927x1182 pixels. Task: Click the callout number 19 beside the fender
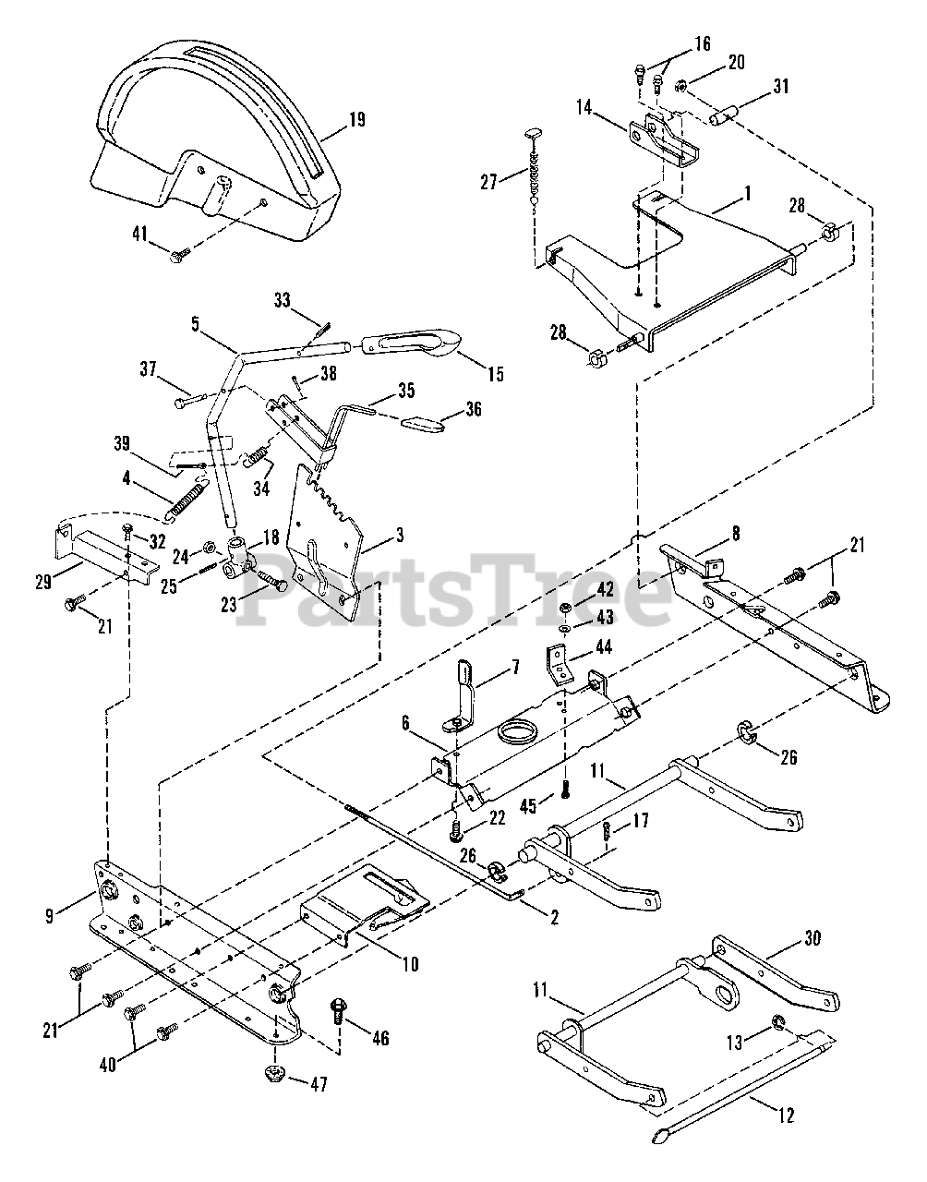(356, 119)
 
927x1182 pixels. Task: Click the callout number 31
(780, 88)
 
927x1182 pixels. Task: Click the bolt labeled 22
(456, 831)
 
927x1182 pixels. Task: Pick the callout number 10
(409, 965)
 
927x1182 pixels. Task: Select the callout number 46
(379, 1039)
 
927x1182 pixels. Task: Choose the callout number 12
(786, 1116)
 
